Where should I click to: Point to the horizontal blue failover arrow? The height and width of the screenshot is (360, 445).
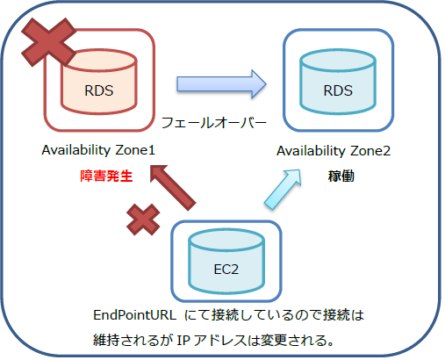(x=221, y=84)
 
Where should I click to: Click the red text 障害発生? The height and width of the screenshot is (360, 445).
(x=99, y=176)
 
